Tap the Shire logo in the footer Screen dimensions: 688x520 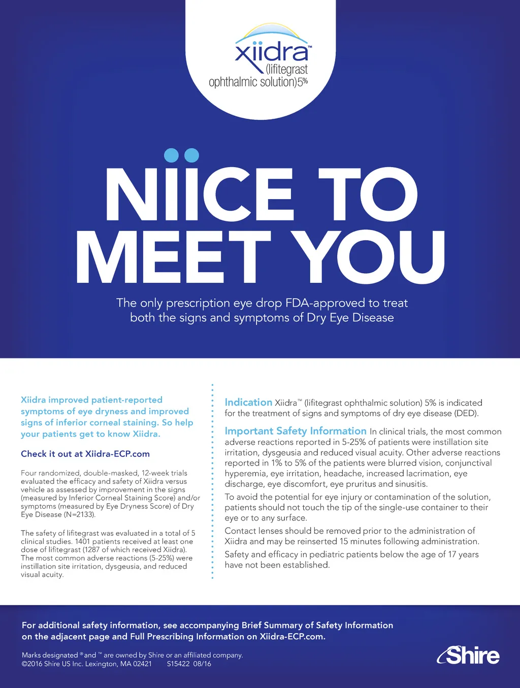click(468, 656)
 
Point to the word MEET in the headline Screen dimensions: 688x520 click(173, 257)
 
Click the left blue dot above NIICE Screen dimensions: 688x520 click(172, 155)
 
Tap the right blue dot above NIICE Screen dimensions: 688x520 click(191, 155)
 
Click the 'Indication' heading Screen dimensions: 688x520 click(248, 402)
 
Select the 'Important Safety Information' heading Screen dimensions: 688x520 click(295, 431)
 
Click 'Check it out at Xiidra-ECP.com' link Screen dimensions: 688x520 click(85, 454)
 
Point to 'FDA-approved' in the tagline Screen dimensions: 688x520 click(325, 303)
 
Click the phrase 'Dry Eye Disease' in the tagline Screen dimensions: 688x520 click(350, 318)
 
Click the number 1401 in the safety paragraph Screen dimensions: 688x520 click(82, 541)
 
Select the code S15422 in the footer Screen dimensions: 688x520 click(178, 664)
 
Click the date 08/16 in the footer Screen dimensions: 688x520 click(202, 664)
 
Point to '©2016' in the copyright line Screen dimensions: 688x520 click(31, 664)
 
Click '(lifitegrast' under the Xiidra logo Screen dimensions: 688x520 click(286, 69)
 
